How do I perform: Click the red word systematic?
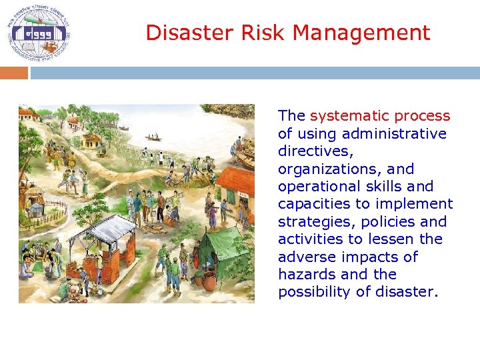point(380,116)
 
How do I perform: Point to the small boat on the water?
point(154,137)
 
